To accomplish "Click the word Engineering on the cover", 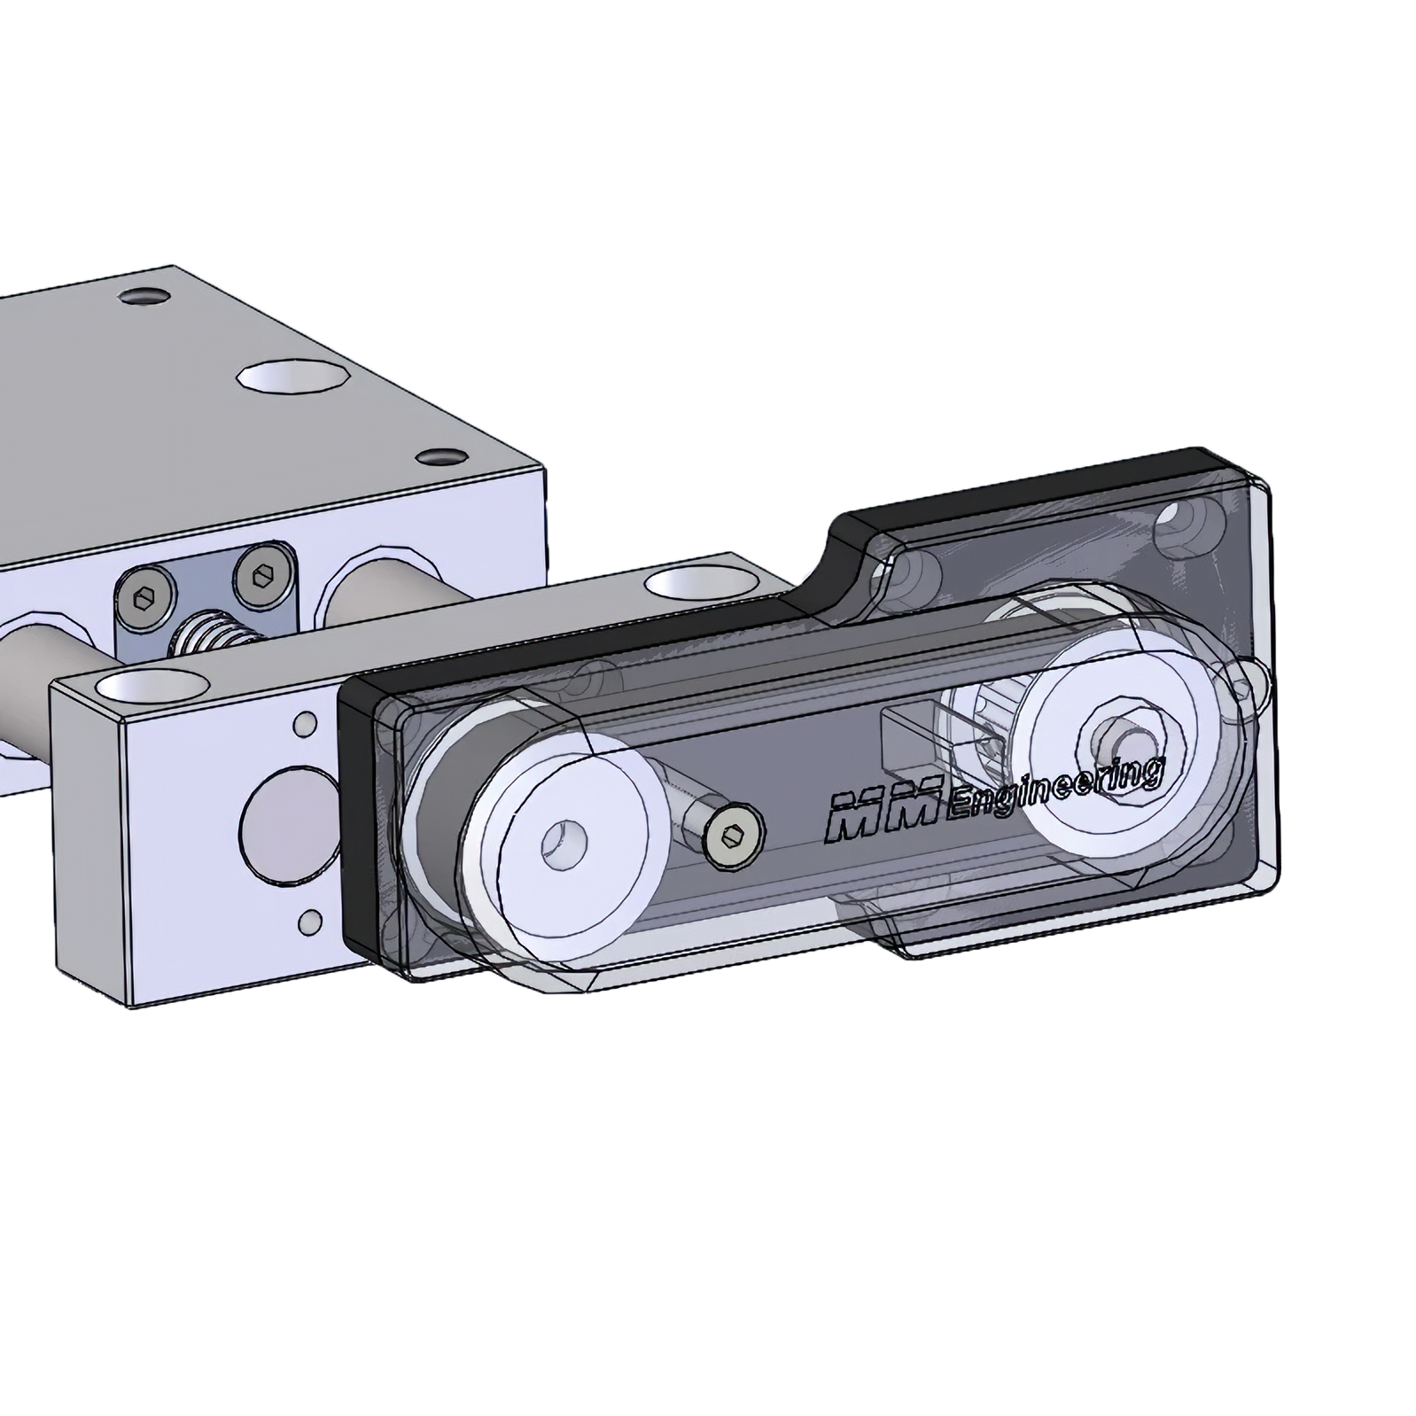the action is tap(1054, 787).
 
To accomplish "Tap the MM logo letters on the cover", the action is tap(881, 812).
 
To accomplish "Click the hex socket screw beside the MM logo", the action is tap(735, 835).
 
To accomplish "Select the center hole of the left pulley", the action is tap(564, 841).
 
